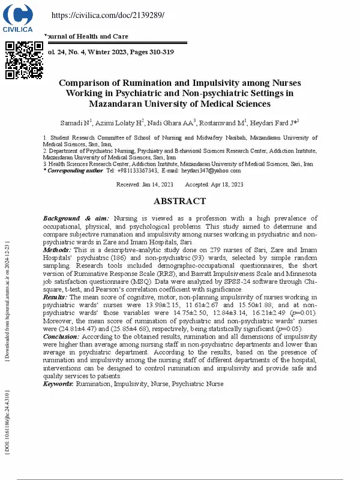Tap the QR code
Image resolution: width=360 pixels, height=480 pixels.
pos(24,61)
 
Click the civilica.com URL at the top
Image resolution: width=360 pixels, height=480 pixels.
pos(108,15)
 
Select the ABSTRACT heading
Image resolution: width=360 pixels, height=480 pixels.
pos(179,202)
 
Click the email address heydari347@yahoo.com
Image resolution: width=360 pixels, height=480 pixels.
pos(215,170)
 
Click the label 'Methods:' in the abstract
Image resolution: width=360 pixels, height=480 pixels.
pos(57,249)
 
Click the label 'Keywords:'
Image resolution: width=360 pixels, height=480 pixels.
pos(58,383)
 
